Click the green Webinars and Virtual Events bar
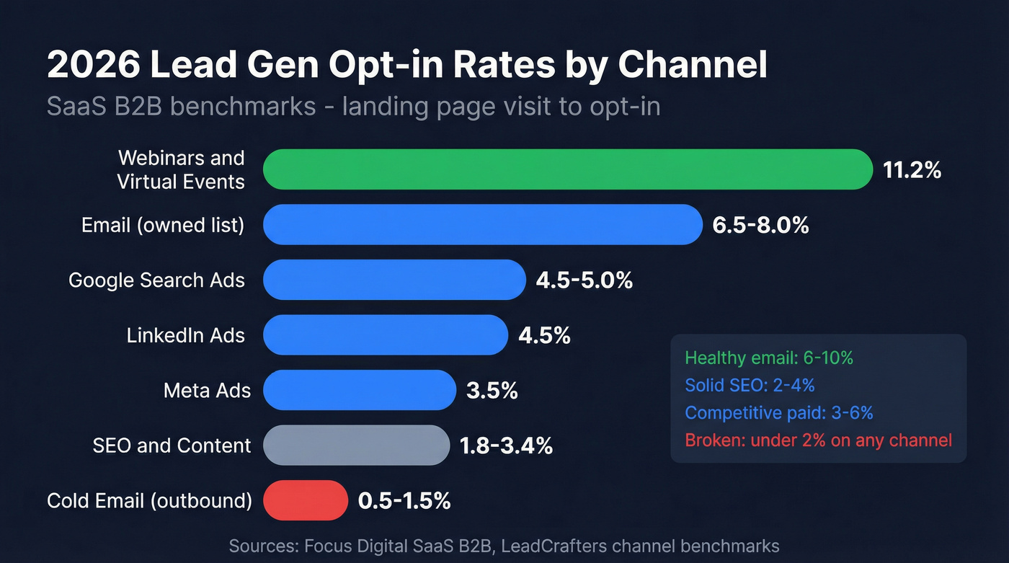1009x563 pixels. (x=568, y=169)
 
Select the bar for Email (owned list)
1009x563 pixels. (x=482, y=225)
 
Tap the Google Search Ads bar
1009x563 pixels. (x=394, y=280)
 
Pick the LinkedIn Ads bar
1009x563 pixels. (x=386, y=335)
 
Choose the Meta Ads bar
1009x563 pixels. (x=360, y=390)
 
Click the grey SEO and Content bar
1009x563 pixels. (x=356, y=445)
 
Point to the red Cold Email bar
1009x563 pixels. (x=306, y=500)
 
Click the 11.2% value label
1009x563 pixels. (x=912, y=170)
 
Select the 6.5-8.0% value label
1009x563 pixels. (x=760, y=225)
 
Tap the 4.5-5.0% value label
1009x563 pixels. (x=584, y=280)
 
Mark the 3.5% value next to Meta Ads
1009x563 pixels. (x=492, y=391)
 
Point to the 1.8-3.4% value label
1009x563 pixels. (x=506, y=445)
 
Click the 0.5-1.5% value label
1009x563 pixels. (x=404, y=500)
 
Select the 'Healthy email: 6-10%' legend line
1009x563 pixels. (x=769, y=358)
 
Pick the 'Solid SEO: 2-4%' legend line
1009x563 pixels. (x=750, y=385)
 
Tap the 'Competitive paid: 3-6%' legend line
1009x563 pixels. (x=779, y=412)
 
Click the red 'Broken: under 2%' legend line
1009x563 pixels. (x=818, y=440)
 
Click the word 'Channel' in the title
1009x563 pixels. (x=693, y=65)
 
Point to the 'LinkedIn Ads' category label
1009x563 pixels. (x=186, y=335)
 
